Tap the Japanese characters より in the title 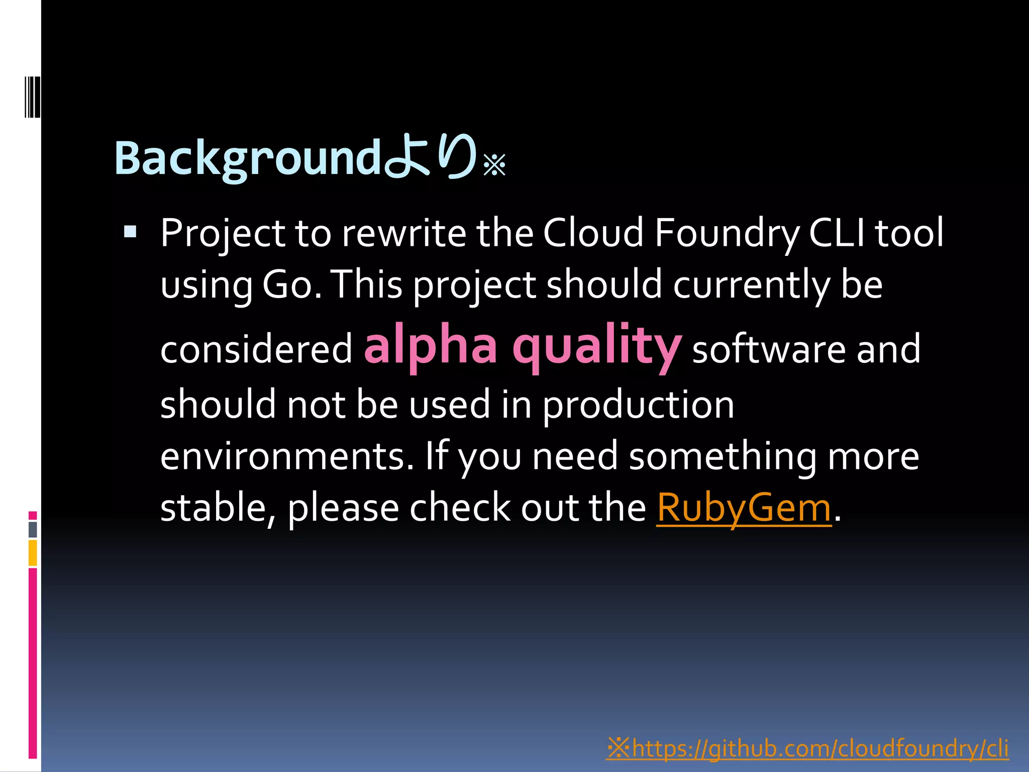coord(430,157)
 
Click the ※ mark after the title coord(494,165)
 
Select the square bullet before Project coord(130,232)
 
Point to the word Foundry coord(727,234)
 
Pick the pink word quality coord(597,347)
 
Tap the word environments coord(286,456)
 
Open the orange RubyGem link coord(744,508)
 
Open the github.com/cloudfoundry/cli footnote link coord(807,748)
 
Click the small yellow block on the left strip coord(33,553)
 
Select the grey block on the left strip coord(33,529)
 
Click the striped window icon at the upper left coord(32,96)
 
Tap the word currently coord(751,285)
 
